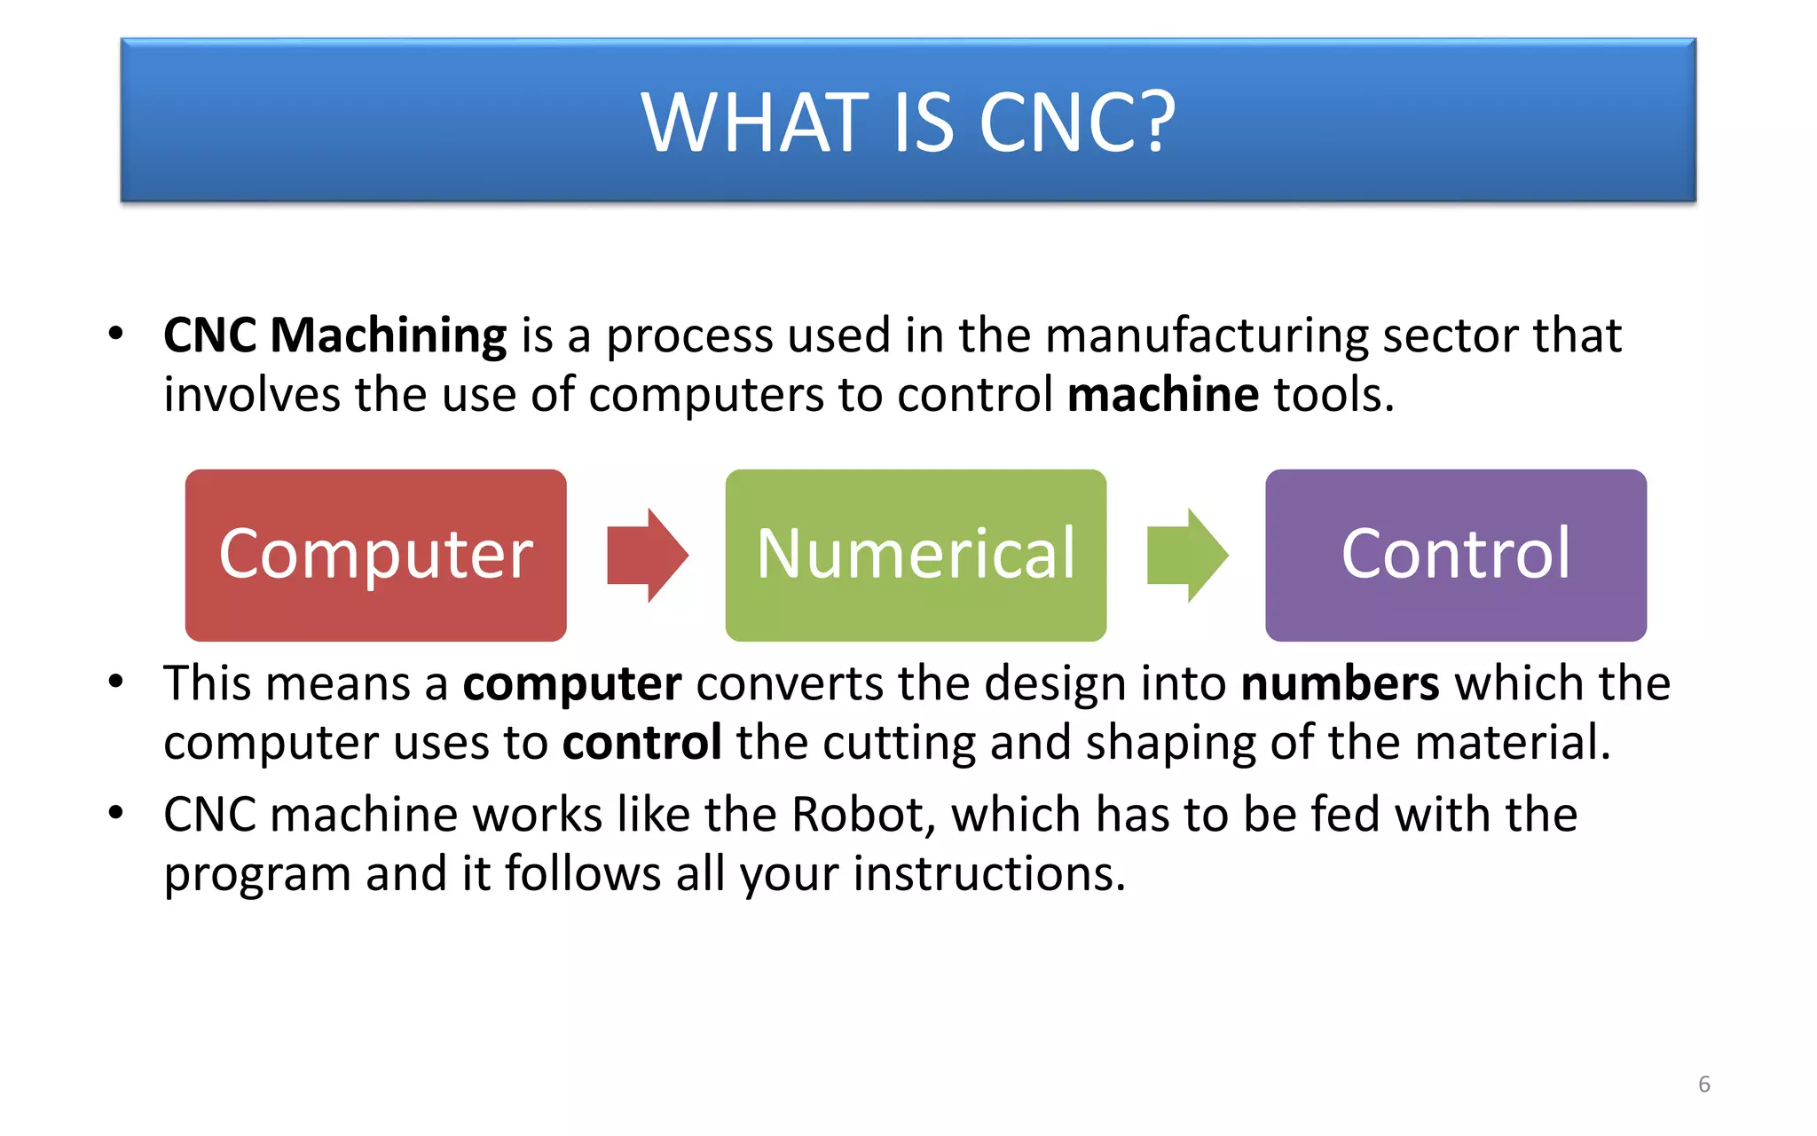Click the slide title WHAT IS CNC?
point(908,122)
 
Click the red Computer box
point(375,555)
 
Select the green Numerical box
point(916,555)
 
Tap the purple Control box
point(1456,555)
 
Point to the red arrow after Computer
point(647,556)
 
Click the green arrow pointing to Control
point(1187,556)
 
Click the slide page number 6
point(1703,1084)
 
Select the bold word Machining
point(388,336)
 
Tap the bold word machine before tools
point(1162,395)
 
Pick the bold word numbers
point(1340,684)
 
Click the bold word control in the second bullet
point(641,743)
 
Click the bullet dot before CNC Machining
point(115,335)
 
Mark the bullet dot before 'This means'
point(115,682)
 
